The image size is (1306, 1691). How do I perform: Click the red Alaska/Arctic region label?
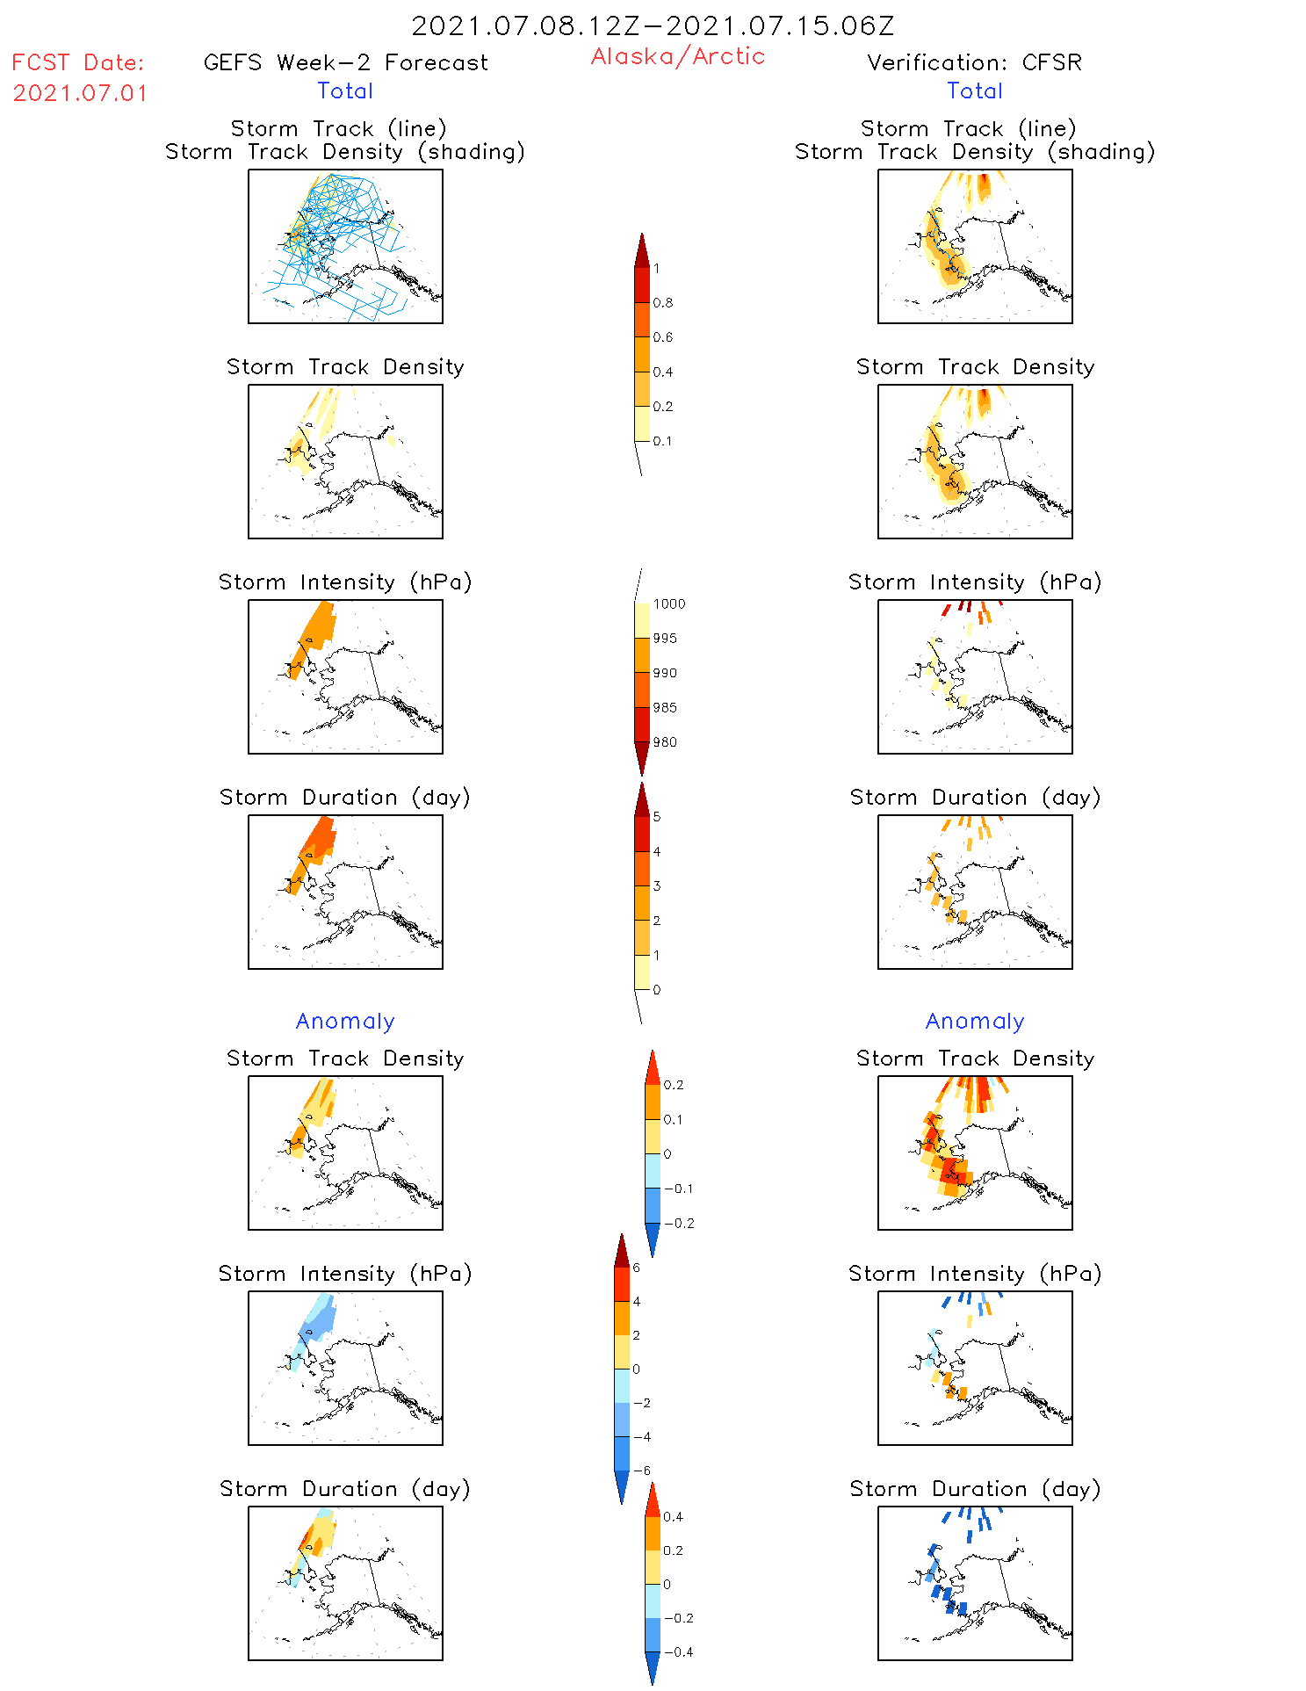point(677,56)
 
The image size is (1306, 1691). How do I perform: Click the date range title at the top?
point(653,25)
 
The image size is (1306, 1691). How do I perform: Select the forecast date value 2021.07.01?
point(80,93)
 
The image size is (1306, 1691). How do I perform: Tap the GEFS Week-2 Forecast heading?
point(345,62)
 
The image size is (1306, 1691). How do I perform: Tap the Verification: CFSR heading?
point(974,62)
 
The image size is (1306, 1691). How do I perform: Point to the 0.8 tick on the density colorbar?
point(663,303)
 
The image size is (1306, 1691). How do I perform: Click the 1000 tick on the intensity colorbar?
point(668,604)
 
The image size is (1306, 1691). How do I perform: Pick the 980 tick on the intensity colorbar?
point(665,742)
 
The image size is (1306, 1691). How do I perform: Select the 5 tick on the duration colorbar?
point(657,817)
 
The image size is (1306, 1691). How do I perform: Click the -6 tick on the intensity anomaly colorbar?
point(641,1471)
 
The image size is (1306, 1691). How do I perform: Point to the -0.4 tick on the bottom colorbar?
point(677,1651)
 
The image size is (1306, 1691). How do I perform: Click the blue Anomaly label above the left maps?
point(345,1021)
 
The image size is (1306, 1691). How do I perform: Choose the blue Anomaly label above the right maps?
point(975,1021)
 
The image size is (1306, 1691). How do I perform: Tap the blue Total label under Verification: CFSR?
point(975,90)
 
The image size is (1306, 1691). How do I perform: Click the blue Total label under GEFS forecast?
point(345,90)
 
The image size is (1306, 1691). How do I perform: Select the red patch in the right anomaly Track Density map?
point(952,1171)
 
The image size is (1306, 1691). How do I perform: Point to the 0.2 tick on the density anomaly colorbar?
point(673,1085)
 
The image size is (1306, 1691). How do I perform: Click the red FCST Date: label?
point(78,62)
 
